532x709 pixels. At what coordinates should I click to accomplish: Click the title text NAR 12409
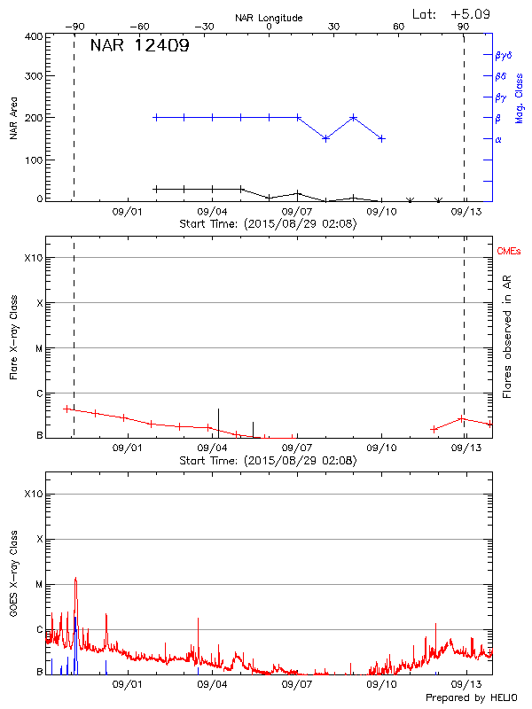click(x=139, y=46)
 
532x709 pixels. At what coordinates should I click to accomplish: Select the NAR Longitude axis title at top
click(x=269, y=18)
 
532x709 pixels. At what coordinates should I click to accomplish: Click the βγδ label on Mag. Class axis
click(x=503, y=55)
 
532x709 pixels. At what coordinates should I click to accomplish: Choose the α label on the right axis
click(x=498, y=139)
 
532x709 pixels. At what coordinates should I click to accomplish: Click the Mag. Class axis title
click(x=520, y=98)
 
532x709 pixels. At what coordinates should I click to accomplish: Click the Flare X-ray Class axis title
click(x=15, y=338)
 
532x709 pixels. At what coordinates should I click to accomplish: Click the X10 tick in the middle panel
click(x=34, y=258)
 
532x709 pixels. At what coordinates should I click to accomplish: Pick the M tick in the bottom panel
click(x=39, y=584)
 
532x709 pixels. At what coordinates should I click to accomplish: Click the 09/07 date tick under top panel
click(x=297, y=212)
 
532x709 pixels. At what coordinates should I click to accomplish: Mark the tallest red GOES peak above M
click(x=75, y=579)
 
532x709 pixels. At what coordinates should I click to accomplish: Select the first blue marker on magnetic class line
click(x=156, y=117)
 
